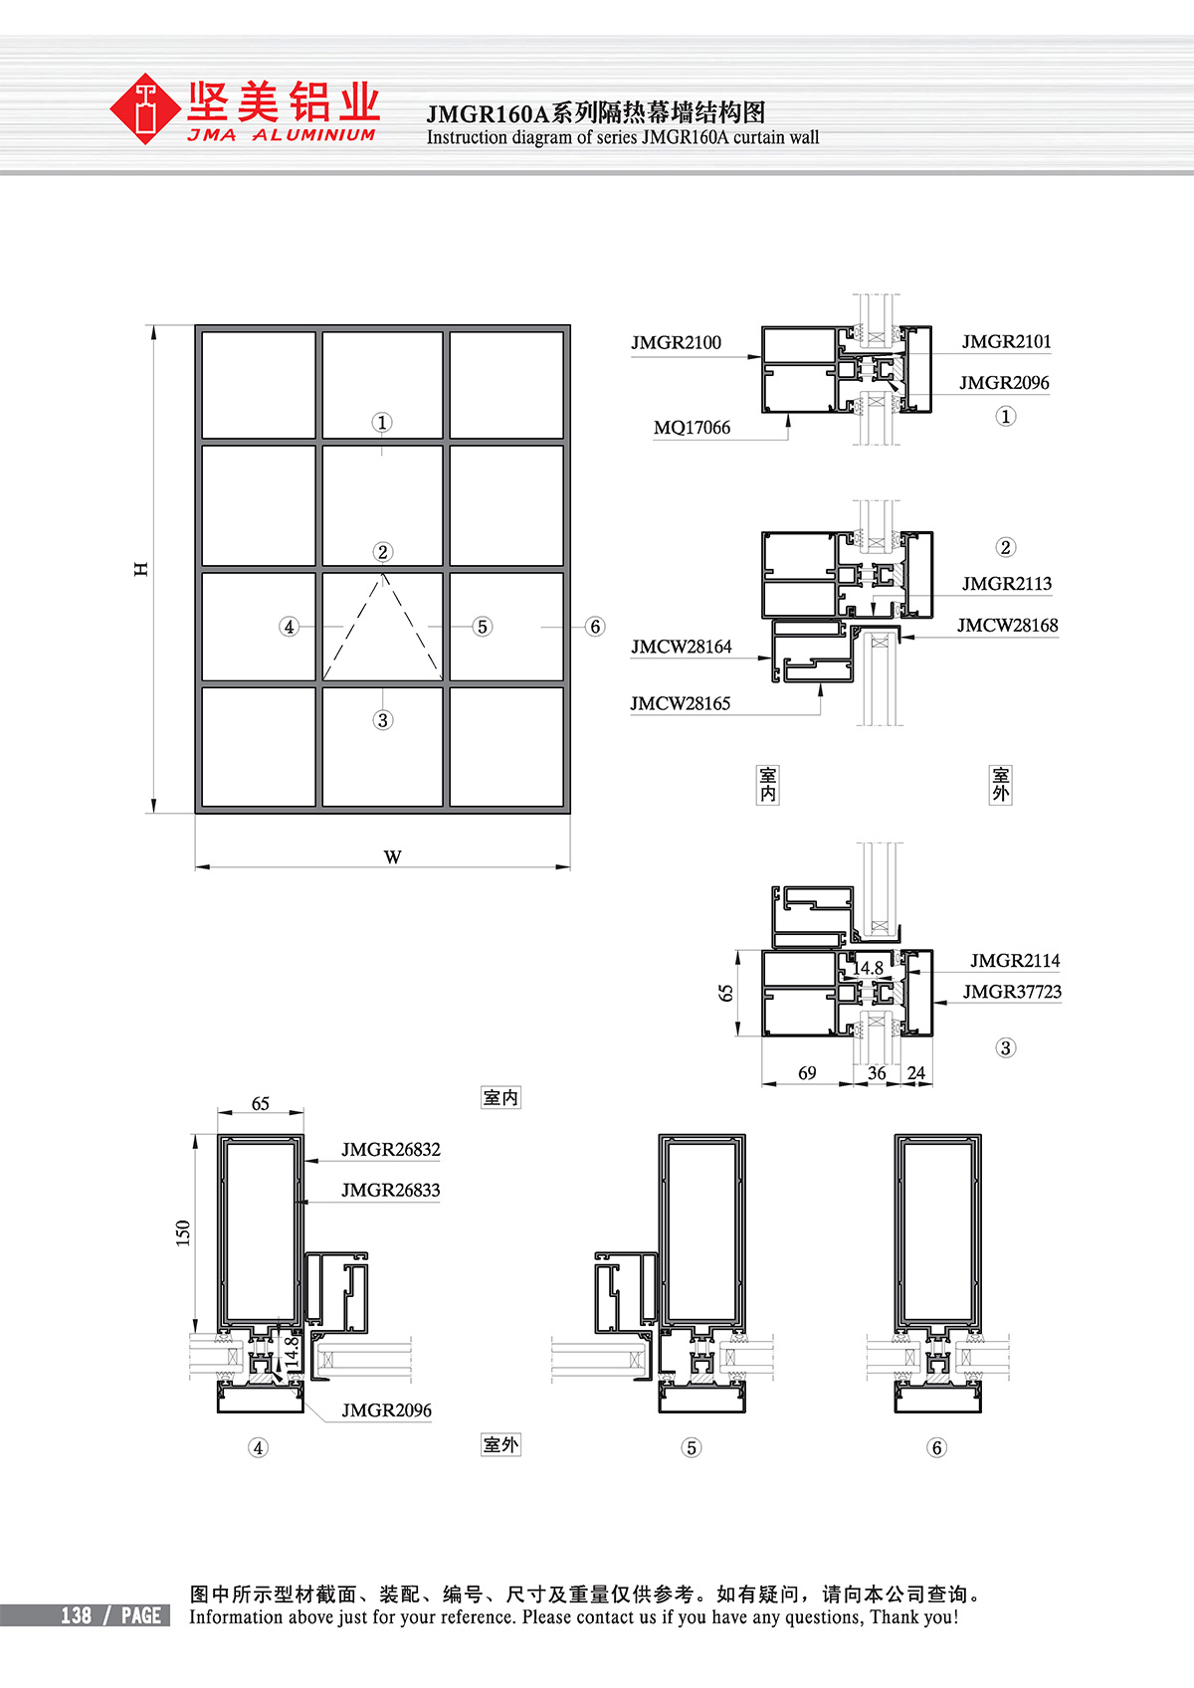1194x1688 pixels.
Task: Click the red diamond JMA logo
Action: coord(144,108)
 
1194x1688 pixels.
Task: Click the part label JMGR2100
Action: coord(677,343)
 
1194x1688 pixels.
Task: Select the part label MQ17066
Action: coord(692,428)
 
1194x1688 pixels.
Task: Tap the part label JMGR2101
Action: coord(1006,342)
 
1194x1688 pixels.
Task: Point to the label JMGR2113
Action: coord(1007,584)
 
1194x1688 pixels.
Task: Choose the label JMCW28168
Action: coord(1008,626)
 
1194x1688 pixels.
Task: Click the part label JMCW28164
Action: coord(682,647)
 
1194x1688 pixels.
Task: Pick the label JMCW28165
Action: coord(681,704)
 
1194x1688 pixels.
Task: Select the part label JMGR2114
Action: coord(1015,961)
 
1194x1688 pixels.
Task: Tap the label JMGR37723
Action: coord(1012,992)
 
